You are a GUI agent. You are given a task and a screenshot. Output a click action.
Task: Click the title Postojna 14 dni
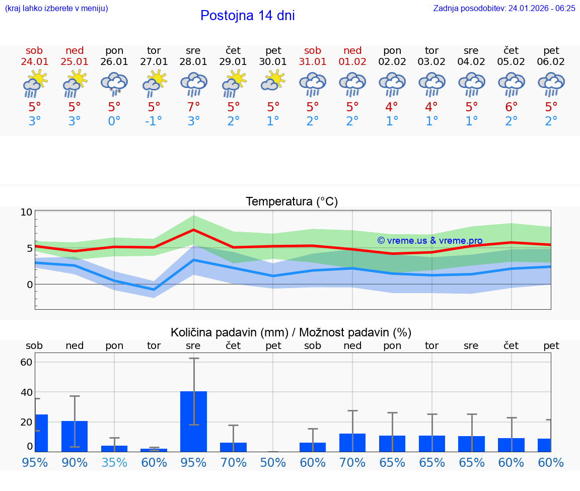click(247, 16)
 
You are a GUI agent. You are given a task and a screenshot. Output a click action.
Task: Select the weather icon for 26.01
click(114, 84)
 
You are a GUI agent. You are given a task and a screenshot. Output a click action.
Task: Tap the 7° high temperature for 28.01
click(193, 107)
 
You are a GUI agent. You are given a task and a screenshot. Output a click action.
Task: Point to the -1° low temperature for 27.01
click(154, 121)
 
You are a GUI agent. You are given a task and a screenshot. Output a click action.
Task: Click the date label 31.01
click(313, 62)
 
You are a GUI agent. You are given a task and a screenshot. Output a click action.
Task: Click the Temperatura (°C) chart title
click(292, 202)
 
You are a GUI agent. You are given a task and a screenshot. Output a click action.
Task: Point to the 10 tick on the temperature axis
click(26, 212)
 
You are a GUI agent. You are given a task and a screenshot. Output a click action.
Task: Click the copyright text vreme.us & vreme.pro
click(429, 241)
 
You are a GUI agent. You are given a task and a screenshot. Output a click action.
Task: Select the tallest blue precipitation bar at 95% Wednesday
click(193, 421)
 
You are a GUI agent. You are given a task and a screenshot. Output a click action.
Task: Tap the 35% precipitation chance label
click(114, 462)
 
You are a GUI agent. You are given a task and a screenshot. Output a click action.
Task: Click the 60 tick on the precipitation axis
click(26, 362)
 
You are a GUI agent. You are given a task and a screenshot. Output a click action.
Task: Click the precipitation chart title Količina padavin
click(291, 332)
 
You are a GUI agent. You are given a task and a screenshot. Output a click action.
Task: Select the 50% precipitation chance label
click(273, 462)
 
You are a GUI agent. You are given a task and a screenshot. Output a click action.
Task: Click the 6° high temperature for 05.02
click(512, 107)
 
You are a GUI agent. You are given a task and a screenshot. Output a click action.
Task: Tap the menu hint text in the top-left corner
click(56, 8)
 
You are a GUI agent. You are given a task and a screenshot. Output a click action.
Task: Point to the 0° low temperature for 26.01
click(114, 121)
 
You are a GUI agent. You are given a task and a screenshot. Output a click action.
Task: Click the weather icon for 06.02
click(551, 84)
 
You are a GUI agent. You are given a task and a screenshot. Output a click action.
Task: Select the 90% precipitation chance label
click(75, 462)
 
